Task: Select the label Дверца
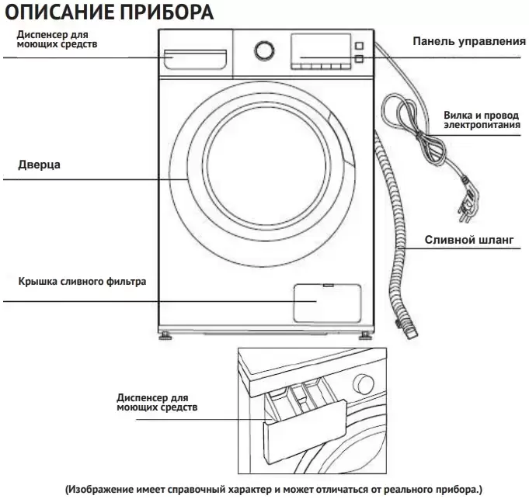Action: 39,165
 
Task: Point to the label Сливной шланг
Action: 468,240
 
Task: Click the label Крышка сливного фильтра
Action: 82,281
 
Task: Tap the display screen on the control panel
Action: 318,49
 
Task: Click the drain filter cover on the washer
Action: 327,302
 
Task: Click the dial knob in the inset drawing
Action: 363,384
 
